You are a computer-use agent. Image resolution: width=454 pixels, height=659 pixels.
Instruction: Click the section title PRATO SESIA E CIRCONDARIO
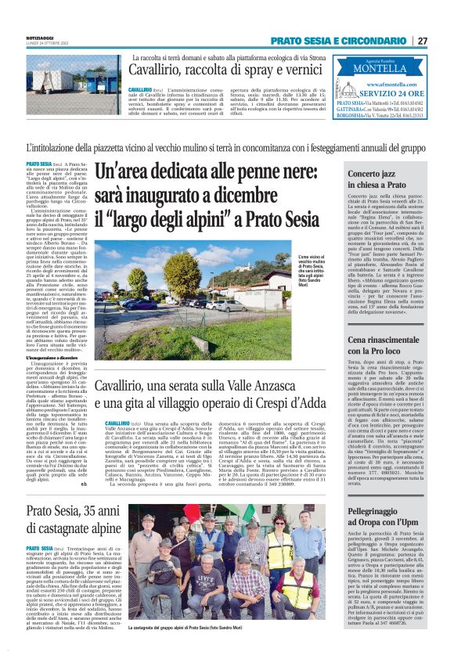coord(340,41)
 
